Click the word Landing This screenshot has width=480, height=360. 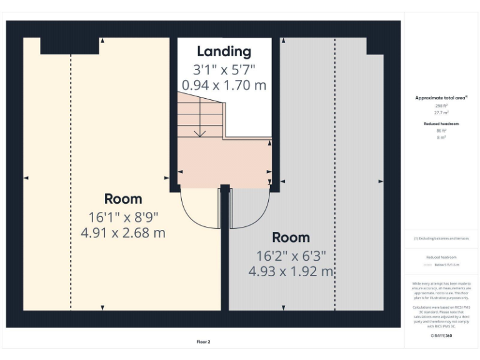click(x=224, y=52)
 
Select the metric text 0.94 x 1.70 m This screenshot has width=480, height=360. click(x=224, y=84)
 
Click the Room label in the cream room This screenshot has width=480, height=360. click(x=123, y=199)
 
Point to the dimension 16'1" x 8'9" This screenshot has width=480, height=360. click(x=123, y=217)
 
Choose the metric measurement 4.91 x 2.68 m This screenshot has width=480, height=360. click(x=123, y=233)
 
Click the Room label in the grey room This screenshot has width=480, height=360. click(x=291, y=237)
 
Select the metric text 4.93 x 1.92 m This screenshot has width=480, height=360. click(x=291, y=271)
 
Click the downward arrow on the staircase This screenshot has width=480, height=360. click(x=200, y=132)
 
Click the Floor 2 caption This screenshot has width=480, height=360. click(x=204, y=342)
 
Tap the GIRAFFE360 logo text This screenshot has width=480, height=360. click(x=441, y=336)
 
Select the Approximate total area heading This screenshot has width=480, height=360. click(x=441, y=98)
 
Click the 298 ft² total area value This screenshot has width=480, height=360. click(x=441, y=106)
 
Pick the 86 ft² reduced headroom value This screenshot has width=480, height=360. click(x=441, y=131)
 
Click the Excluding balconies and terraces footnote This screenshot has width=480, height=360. click(x=441, y=239)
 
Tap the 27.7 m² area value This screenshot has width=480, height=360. click(x=441, y=112)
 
